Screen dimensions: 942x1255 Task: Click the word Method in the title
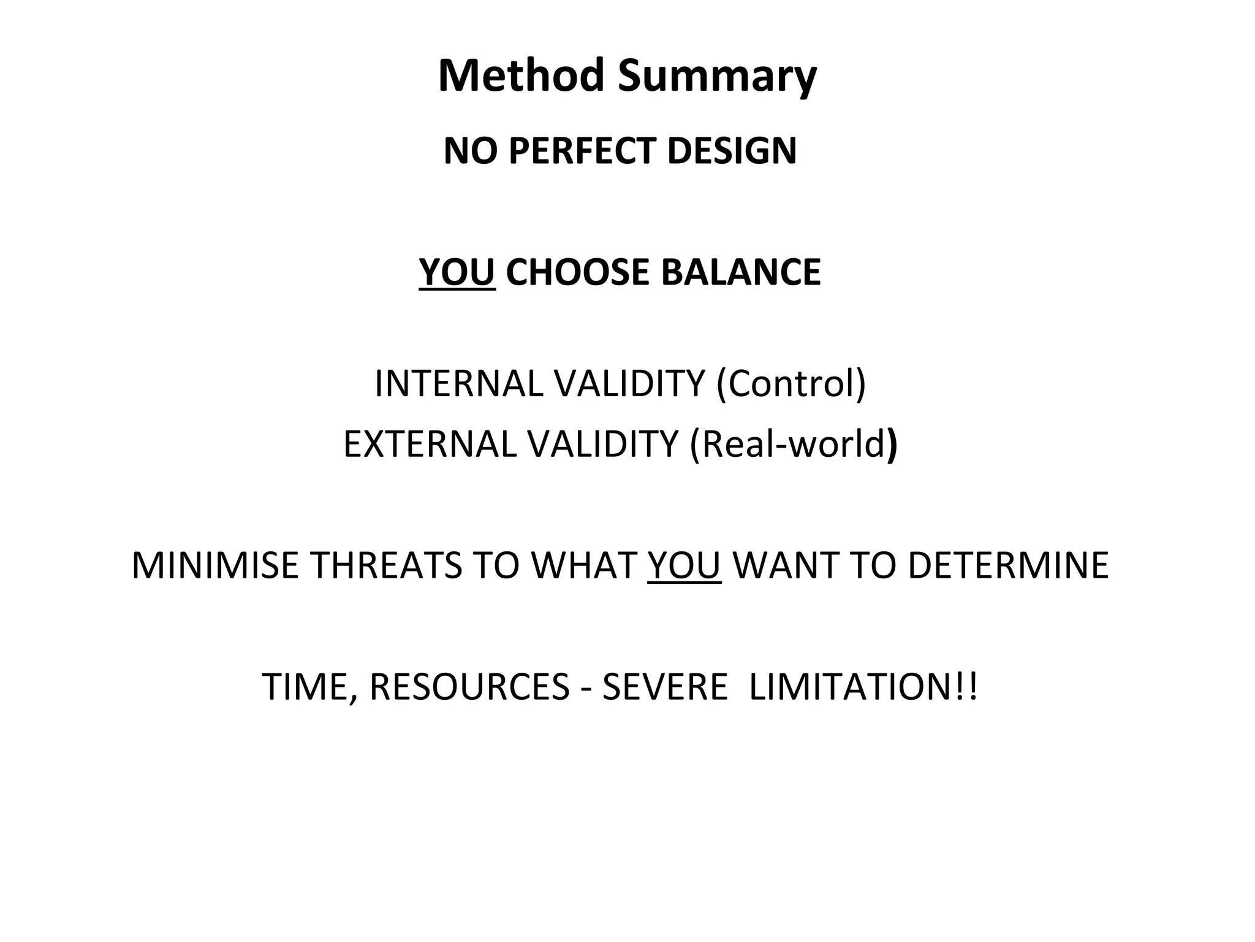point(521,75)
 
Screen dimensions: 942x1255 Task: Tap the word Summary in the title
point(717,77)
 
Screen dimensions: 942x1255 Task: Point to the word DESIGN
point(732,151)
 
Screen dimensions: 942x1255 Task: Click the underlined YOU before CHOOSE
point(457,272)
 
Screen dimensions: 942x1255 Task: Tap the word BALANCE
point(741,272)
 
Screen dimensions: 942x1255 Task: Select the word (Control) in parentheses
point(791,384)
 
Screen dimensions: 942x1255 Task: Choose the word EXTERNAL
point(430,443)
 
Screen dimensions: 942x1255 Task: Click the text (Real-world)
point(794,443)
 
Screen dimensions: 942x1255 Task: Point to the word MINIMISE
point(214,565)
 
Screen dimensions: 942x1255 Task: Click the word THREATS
point(387,565)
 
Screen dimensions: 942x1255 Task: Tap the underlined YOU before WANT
point(684,565)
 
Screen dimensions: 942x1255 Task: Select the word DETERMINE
point(1008,565)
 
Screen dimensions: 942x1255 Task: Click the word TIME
point(306,686)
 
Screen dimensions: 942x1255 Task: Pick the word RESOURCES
point(469,686)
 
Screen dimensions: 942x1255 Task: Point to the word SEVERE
point(664,686)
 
